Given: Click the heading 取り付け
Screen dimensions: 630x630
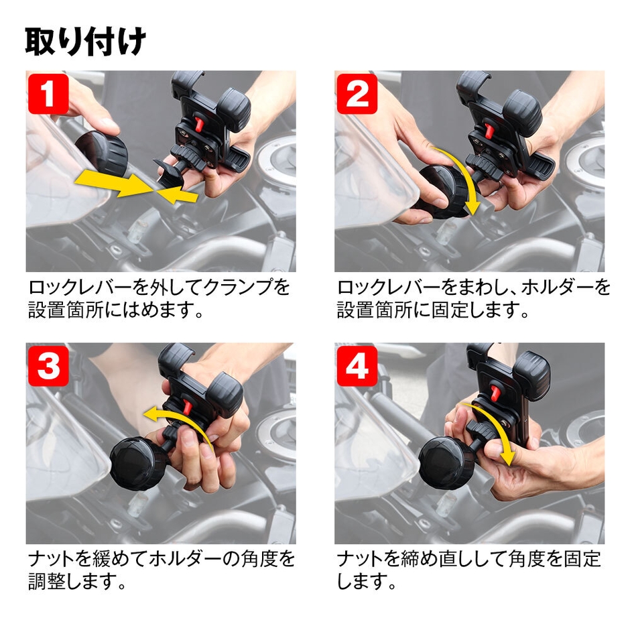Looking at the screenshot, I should tap(86, 42).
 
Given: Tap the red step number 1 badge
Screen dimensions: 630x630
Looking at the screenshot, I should tap(48, 94).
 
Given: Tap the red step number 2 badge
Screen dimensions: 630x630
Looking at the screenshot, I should tap(357, 94).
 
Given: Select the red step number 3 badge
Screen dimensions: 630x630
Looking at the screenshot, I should tap(48, 367).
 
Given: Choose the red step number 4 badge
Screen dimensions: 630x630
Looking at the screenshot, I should tap(357, 367).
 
